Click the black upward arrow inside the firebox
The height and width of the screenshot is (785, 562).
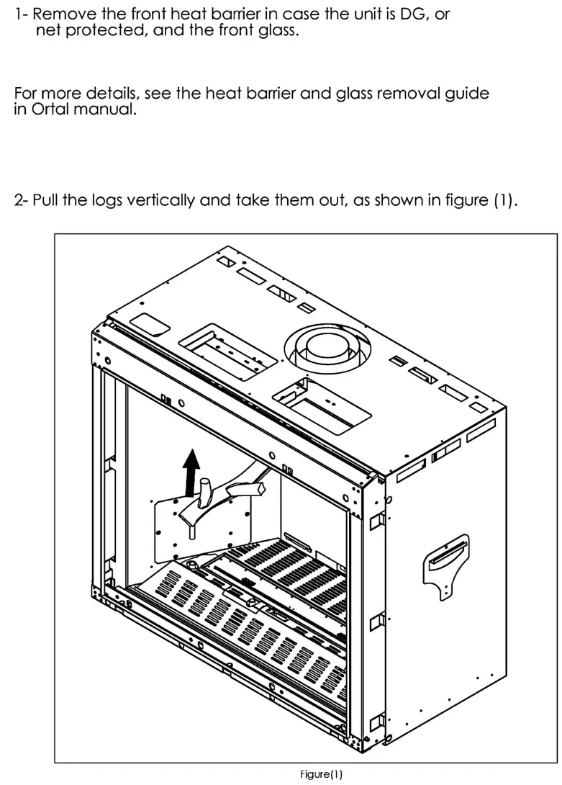191,471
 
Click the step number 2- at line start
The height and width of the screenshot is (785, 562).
22,201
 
